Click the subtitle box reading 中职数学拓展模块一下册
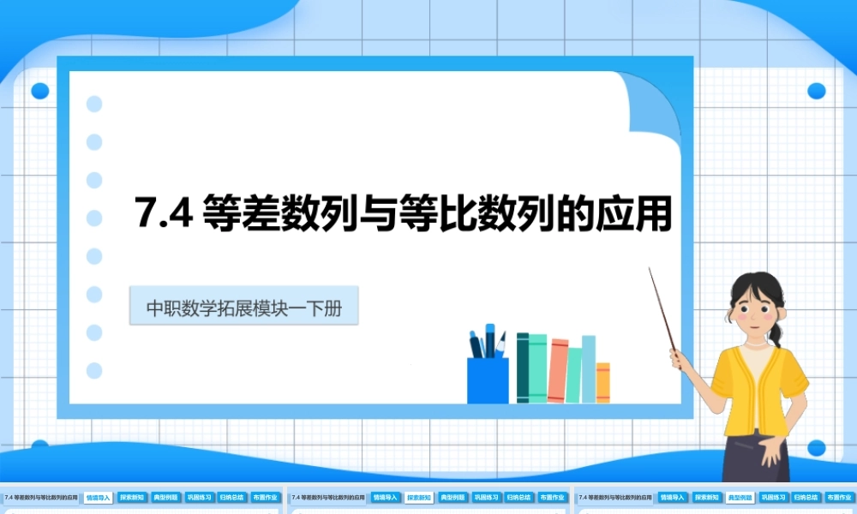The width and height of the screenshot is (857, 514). pyautogui.click(x=243, y=307)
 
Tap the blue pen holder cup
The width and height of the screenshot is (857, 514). pyautogui.click(x=487, y=380)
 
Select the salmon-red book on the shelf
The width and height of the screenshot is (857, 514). pyautogui.click(x=558, y=370)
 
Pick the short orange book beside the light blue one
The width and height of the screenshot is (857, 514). pyautogui.click(x=603, y=382)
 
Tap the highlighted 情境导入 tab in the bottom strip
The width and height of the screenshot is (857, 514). pyautogui.click(x=99, y=497)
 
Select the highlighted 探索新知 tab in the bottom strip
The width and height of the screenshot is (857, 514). pyautogui.click(x=418, y=497)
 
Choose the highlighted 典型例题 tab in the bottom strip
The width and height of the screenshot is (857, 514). pyautogui.click(x=739, y=497)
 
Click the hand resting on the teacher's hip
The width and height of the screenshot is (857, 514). pyautogui.click(x=771, y=442)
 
